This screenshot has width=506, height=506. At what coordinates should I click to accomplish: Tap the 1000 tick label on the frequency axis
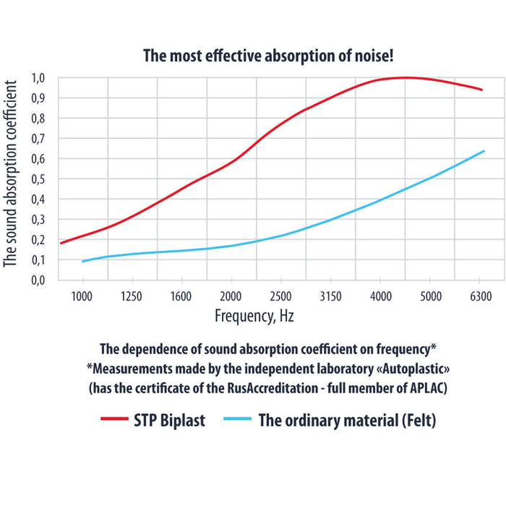(82, 296)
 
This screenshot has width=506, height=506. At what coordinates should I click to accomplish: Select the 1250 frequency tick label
(132, 296)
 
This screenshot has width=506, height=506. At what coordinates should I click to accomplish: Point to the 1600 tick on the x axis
(181, 296)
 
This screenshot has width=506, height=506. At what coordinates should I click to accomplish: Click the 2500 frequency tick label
(280, 296)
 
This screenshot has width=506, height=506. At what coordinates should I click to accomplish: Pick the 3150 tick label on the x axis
(330, 296)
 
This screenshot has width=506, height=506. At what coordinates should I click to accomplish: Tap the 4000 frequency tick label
(380, 296)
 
